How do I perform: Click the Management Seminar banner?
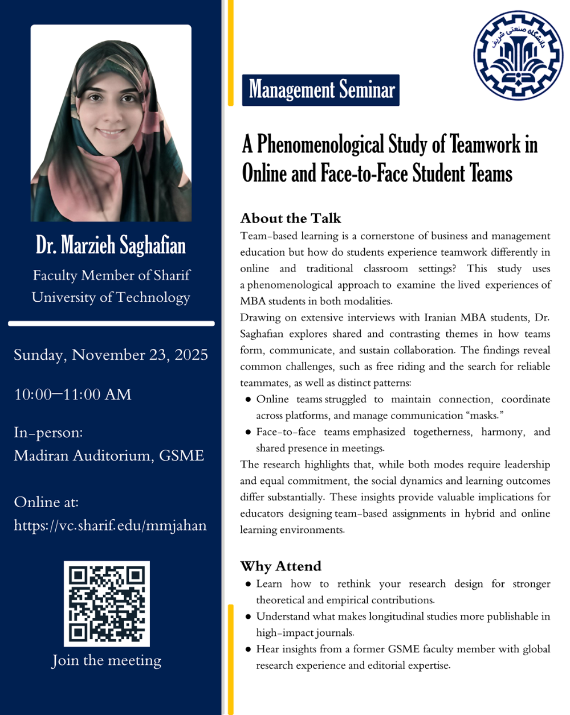321,90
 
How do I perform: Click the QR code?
107,603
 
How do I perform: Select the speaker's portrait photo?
111,123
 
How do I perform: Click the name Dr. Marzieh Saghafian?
111,245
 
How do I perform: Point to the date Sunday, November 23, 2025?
111,355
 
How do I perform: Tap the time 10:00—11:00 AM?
73,394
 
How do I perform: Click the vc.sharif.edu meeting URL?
110,525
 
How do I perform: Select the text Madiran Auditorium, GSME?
109,455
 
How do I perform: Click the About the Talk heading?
291,218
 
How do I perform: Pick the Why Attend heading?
280,566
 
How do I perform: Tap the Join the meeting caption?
107,660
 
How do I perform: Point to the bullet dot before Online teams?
248,400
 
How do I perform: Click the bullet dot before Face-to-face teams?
248,433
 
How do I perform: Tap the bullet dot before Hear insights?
248,649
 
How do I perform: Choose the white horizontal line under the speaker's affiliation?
111,323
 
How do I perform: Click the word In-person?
48,433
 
